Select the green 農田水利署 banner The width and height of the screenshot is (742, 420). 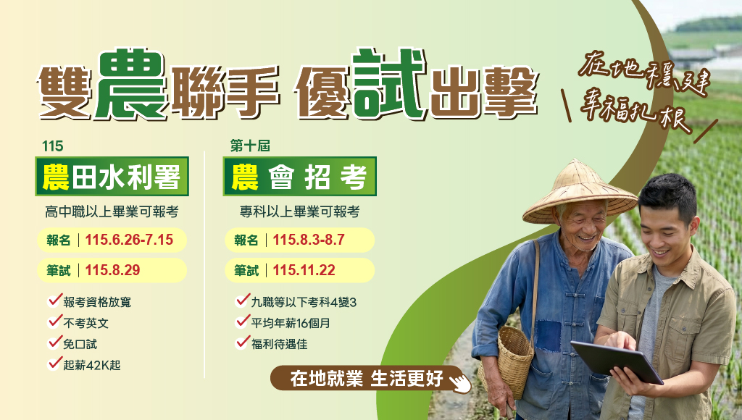[112, 177]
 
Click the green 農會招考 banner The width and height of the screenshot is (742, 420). [299, 177]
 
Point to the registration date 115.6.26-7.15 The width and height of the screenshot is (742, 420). [129, 240]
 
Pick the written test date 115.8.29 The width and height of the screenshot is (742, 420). [112, 270]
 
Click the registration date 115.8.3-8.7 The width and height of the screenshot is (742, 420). [309, 240]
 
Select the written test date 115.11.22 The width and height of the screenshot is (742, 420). [304, 270]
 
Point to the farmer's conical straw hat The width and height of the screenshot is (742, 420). [580, 192]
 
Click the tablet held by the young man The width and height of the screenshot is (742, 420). [617, 362]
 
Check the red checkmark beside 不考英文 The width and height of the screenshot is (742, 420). [55, 321]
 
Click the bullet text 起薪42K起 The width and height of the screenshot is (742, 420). [92, 365]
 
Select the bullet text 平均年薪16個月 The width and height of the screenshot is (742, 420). [291, 323]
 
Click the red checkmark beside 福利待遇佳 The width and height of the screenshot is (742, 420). [243, 342]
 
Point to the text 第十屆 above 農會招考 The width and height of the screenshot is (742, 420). [250, 146]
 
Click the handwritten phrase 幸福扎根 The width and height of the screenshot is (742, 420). [634, 114]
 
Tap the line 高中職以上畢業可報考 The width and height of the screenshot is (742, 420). [112, 211]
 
